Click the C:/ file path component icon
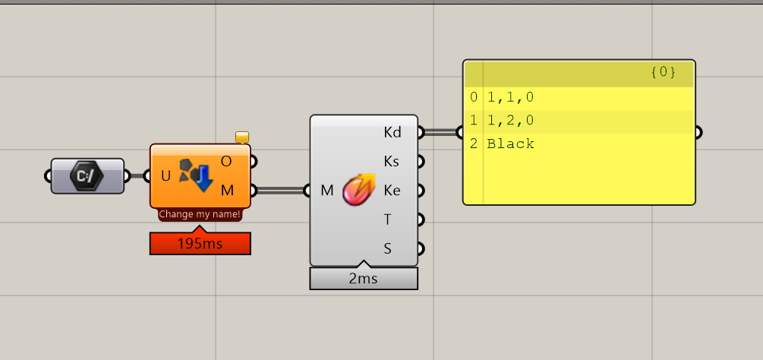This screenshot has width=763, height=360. pos(87,176)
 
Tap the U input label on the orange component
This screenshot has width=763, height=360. pos(166,176)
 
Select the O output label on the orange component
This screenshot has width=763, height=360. pos(226,161)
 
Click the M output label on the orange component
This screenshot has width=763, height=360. pos(226,190)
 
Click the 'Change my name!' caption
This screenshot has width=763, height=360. pos(200,215)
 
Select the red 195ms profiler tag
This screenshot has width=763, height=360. pos(200,244)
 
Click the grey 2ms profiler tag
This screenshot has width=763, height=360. pos(364,279)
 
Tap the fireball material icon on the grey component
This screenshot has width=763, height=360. pos(358,190)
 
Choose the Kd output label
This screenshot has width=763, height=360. pos(392,132)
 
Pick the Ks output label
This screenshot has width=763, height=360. pos(392,161)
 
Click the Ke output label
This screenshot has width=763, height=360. pos(392,190)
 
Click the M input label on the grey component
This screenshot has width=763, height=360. pos(327,190)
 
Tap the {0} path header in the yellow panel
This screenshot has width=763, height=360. pos(663,73)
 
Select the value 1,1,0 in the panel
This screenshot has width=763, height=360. pos(510,97)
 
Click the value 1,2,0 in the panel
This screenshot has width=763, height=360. pos(510,121)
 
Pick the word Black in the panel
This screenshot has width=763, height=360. pos(510,144)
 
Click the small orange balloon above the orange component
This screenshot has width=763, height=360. pos(242,137)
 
